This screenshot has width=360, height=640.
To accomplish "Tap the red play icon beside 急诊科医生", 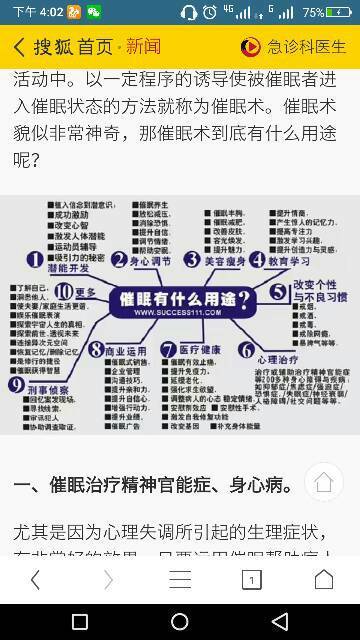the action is pos(251,48).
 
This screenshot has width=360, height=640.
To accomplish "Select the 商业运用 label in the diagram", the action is pos(125,351).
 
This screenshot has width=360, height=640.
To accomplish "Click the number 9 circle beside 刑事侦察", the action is pos(17,384).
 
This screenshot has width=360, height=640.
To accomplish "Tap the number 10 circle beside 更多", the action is pos(63,292).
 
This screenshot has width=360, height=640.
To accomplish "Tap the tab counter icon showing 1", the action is pos(252,580).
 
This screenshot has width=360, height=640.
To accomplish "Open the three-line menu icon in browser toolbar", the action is pos(180,580).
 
